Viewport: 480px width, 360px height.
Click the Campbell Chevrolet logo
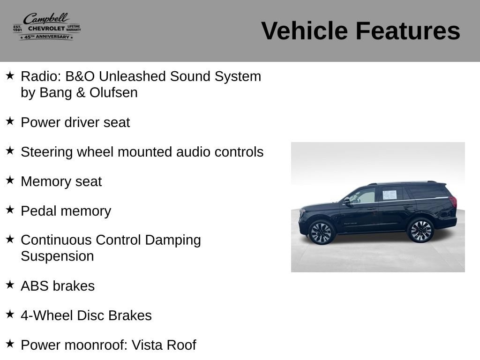(47, 27)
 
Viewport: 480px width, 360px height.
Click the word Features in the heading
(408, 31)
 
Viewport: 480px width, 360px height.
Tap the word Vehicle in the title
(305, 31)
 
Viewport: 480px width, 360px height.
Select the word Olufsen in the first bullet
(113, 92)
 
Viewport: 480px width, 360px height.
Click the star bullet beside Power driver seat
(10, 121)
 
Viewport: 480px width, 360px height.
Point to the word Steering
(47, 152)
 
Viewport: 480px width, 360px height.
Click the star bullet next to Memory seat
(10, 180)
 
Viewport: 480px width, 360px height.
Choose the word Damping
(173, 240)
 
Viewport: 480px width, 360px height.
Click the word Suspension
(57, 256)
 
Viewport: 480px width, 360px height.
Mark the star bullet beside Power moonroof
(10, 344)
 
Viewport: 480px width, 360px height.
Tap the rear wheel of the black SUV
(420, 231)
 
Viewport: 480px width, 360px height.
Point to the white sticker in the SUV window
(390, 195)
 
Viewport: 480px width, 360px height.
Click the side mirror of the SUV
(347, 201)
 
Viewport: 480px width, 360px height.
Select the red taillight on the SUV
(453, 202)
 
